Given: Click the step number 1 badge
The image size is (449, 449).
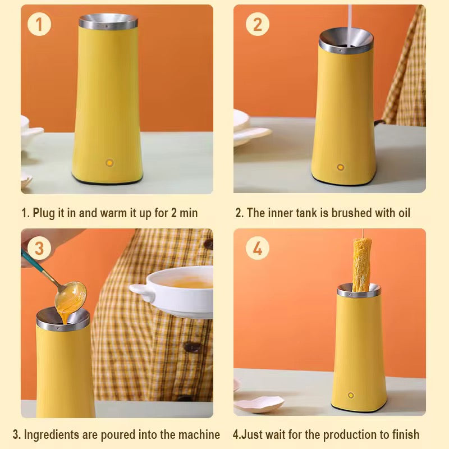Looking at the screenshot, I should pos(39,24).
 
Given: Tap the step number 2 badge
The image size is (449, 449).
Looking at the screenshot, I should pos(257,24).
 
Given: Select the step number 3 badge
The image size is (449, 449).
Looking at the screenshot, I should pos(39,248).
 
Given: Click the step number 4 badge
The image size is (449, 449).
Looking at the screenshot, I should pos(257,248).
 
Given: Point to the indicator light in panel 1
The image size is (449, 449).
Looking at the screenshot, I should pos(109,163).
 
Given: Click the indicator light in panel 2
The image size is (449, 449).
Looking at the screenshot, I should pos(340,167).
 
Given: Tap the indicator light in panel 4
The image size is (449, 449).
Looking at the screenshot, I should pos(351,395).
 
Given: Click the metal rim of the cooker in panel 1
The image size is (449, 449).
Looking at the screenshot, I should pos(108,22).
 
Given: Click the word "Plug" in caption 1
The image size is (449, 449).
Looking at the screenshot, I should pos(44,213).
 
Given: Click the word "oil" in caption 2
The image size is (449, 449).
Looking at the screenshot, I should pos(401,213).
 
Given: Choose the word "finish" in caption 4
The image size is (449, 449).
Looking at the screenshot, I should pos(404,434).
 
